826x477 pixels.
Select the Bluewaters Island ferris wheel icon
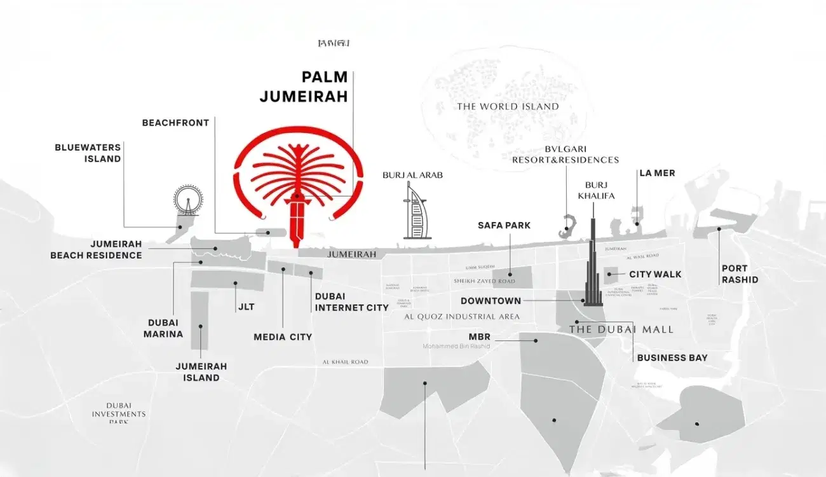point(188,200)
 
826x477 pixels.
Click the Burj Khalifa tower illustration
point(593,267)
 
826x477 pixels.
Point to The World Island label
point(508,106)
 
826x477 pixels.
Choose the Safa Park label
point(504,226)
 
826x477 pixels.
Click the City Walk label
point(655,274)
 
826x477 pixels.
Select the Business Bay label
point(672,358)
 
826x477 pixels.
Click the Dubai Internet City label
point(351,302)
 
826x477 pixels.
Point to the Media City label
point(283,337)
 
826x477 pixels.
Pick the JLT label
point(246,307)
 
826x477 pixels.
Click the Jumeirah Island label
point(201,372)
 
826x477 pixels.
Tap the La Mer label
point(657,173)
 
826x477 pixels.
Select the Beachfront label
point(175,123)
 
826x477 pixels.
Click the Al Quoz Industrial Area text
point(462,317)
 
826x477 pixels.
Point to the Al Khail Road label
point(345,362)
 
